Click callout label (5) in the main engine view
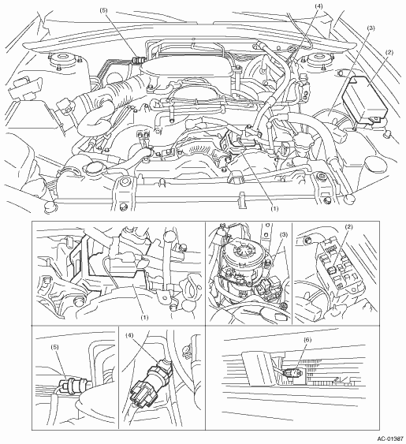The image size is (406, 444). (103, 10)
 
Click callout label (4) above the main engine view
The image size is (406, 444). (318, 6)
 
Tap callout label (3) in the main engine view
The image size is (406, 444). (371, 28)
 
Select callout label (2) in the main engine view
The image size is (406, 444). (389, 52)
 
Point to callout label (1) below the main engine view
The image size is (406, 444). (274, 209)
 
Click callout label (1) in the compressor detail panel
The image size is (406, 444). (144, 318)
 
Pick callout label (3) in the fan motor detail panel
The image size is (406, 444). (283, 235)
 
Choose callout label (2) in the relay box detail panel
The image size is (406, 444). (349, 227)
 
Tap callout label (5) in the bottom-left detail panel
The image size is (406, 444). (55, 347)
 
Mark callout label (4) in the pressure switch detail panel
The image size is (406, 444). (129, 335)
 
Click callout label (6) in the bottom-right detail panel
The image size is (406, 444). (307, 340)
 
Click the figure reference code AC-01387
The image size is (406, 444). (390, 439)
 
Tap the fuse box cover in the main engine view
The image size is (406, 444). (364, 99)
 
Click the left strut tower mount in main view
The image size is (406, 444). (65, 60)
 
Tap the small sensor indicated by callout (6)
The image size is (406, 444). (292, 375)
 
